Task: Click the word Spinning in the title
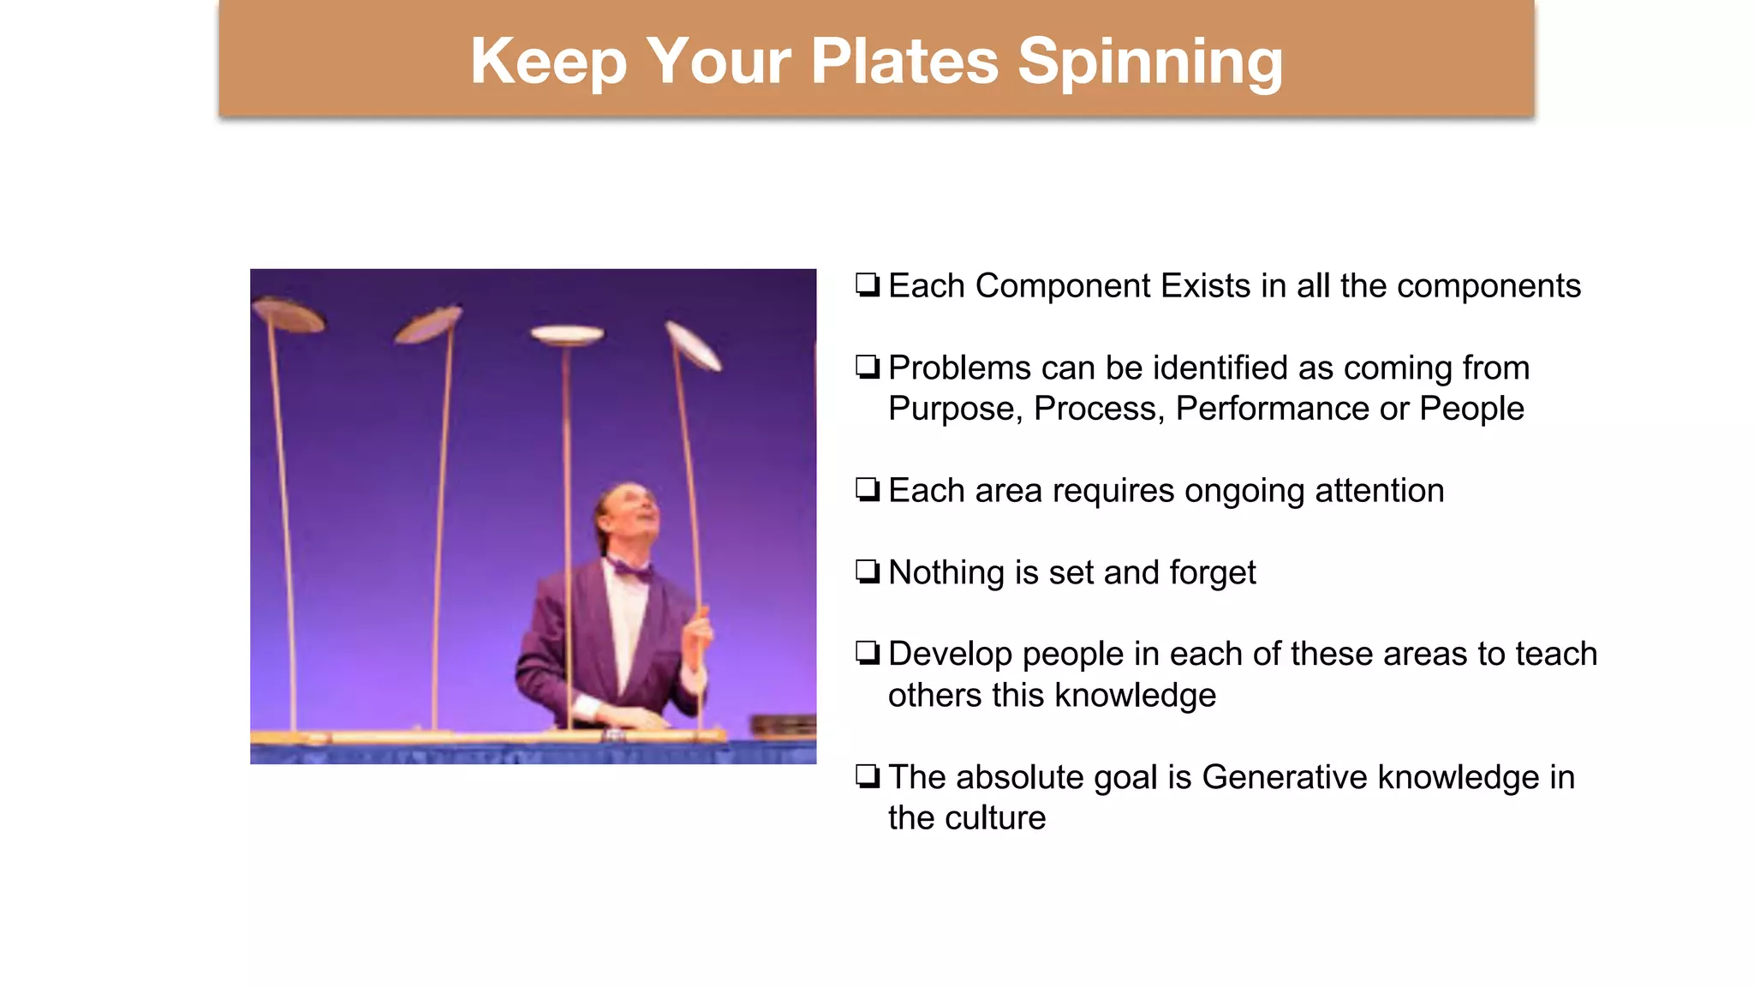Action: click(1149, 62)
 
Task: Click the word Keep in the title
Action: click(548, 62)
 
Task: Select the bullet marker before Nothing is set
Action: click(868, 571)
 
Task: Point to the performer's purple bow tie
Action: click(631, 568)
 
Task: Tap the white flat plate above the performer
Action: click(566, 334)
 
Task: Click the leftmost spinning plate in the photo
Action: click(289, 314)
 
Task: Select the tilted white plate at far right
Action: click(694, 345)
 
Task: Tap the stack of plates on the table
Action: click(784, 725)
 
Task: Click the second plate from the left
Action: click(429, 325)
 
